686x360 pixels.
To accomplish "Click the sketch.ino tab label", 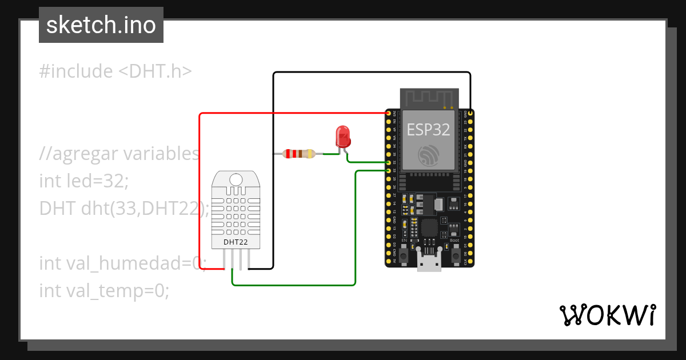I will [101, 25].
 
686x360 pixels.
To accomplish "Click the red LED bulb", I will [342, 135].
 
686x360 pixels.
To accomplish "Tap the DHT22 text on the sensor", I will [236, 242].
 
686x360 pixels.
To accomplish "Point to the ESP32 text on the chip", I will [428, 129].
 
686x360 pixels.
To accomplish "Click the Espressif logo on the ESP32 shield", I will [429, 155].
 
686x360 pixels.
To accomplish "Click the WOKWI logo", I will [607, 315].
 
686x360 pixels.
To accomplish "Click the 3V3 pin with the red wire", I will [389, 114].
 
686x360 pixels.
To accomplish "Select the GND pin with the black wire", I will [469, 113].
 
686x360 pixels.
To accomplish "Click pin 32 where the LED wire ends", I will [389, 162].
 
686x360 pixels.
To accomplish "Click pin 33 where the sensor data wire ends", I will [389, 170].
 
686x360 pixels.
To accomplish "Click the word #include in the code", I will [76, 71].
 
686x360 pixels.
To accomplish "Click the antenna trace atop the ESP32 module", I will [429, 98].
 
